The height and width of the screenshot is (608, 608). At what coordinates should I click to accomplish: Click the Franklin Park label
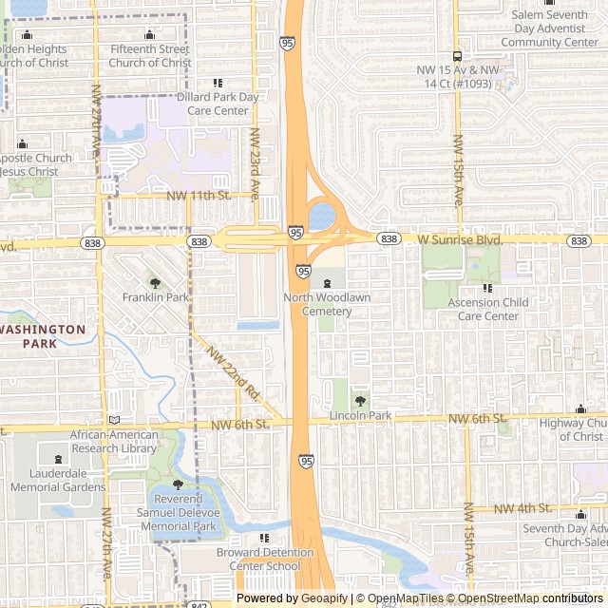[156, 297]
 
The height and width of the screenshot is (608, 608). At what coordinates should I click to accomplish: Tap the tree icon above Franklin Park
[156, 283]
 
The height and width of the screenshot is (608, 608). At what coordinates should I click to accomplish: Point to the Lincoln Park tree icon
[360, 401]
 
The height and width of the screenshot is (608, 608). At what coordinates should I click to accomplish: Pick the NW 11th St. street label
[199, 195]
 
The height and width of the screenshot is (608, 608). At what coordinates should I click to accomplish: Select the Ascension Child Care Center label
[488, 309]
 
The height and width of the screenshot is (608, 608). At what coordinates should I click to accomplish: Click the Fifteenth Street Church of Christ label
[150, 56]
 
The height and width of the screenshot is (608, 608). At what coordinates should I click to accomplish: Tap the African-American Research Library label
[114, 442]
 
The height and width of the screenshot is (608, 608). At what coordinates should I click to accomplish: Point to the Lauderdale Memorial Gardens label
[58, 480]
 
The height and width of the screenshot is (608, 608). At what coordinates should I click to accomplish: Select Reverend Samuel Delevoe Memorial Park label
[185, 512]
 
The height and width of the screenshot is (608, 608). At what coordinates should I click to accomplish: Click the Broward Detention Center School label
[245, 559]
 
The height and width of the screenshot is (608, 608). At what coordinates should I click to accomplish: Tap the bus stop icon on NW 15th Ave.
[457, 55]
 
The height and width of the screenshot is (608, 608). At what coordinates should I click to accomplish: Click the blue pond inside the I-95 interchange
[322, 215]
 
